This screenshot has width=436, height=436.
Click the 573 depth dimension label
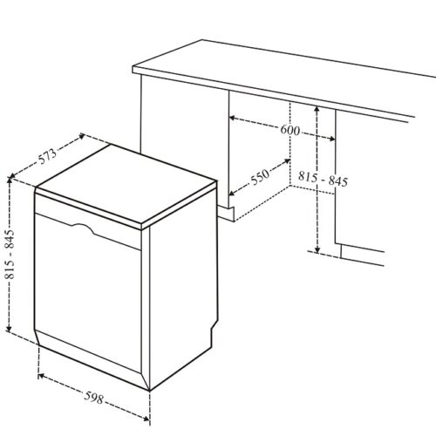tap(47, 157)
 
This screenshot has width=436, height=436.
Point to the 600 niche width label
tap(290, 132)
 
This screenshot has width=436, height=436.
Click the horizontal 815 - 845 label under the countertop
tap(323, 181)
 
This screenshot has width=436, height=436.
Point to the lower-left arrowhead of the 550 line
tap(231, 194)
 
